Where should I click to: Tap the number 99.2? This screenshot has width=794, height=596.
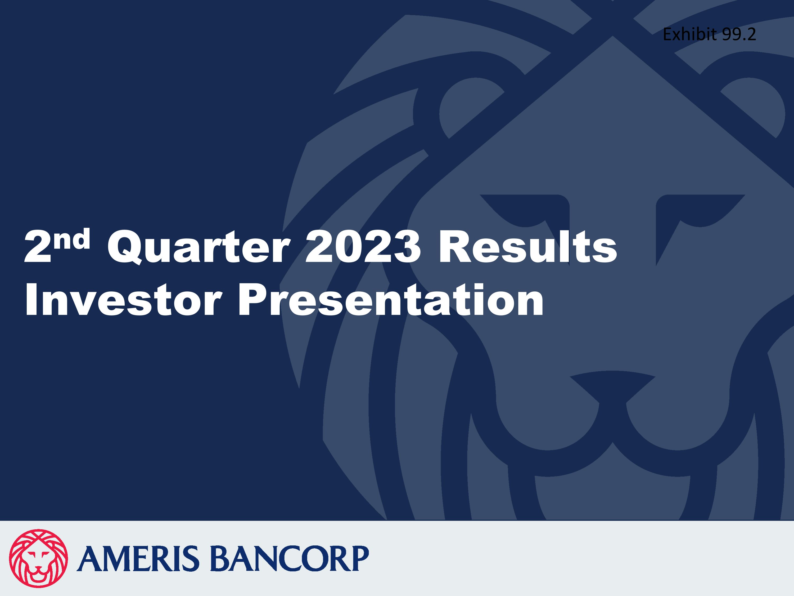[x=739, y=34]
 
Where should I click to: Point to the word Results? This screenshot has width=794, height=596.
[x=527, y=247]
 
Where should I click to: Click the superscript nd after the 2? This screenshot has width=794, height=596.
[x=74, y=239]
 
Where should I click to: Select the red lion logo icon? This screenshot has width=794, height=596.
[x=38, y=558]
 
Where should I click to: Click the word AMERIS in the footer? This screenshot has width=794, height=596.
[x=138, y=559]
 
